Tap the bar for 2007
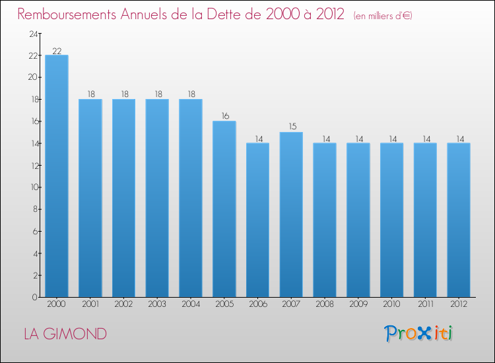(291, 214)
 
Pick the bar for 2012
(459, 220)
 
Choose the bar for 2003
(157, 198)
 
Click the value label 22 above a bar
(57, 51)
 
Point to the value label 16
(224, 116)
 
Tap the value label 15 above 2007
(291, 127)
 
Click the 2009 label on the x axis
(358, 305)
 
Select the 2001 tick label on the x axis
(90, 305)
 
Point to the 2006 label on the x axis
(257, 305)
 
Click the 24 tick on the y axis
(32, 34)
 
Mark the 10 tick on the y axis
(32, 187)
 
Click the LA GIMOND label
(65, 334)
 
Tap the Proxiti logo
(418, 333)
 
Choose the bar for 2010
(392, 220)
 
